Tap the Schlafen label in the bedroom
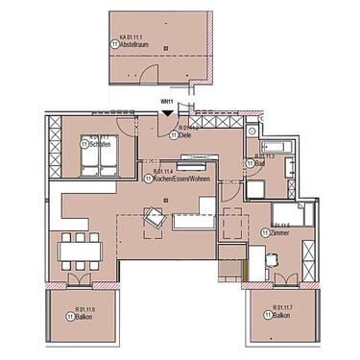tap(97, 146)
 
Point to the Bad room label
tap(260, 163)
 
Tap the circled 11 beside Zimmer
tap(265, 232)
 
